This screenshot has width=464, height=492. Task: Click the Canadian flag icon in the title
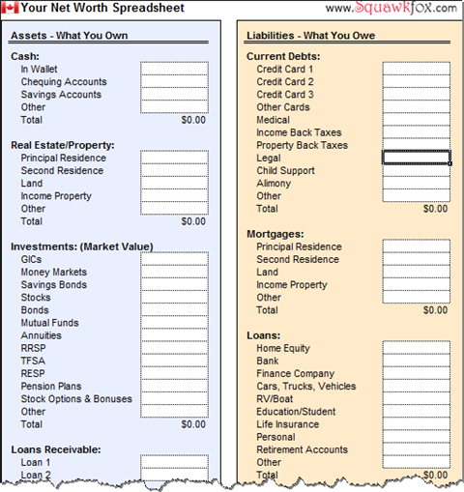pos(11,8)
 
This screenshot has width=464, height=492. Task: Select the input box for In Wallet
pos(174,70)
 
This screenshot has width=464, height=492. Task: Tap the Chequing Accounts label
pos(64,82)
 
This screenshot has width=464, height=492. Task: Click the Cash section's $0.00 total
pos(193,121)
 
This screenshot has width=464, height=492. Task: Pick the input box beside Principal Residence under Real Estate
pos(174,158)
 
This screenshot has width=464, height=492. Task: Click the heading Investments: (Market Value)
pos(81,246)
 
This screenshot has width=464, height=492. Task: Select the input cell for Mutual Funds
pos(174,323)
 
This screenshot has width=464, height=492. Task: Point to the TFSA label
pos(33,361)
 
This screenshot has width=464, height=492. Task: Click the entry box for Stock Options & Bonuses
pos(174,398)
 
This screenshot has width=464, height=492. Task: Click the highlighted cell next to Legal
pos(416,158)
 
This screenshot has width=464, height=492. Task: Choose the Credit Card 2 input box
pos(416,82)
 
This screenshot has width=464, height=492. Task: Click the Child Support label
pos(287,171)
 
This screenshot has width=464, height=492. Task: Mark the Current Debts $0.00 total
pos(435,209)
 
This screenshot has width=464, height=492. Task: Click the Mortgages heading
pos(275,234)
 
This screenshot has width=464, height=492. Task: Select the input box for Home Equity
pos(416,348)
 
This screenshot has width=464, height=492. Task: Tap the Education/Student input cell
pos(416,411)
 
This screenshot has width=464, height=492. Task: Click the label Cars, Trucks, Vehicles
pos(305,386)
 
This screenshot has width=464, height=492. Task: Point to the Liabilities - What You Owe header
pos(310,36)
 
